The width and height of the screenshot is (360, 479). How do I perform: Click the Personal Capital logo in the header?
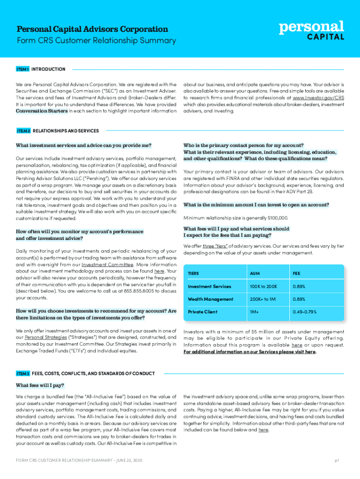(312, 30)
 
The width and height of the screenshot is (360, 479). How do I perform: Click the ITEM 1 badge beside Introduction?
(23, 69)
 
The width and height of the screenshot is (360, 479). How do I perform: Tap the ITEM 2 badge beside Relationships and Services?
(23, 131)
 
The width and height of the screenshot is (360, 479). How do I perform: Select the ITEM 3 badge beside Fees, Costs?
(23, 373)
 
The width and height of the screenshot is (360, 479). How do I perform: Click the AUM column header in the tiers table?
(255, 273)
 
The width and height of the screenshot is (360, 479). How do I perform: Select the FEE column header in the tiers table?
(297, 273)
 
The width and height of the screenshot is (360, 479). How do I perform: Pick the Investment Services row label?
(209, 286)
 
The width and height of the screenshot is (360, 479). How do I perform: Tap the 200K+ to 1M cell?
(263, 299)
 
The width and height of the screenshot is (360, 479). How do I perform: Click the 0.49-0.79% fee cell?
(304, 312)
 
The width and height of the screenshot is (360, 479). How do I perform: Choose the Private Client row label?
(202, 312)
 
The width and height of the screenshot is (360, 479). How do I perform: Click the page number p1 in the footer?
(337, 461)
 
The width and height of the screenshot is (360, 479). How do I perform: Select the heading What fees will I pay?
(40, 385)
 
